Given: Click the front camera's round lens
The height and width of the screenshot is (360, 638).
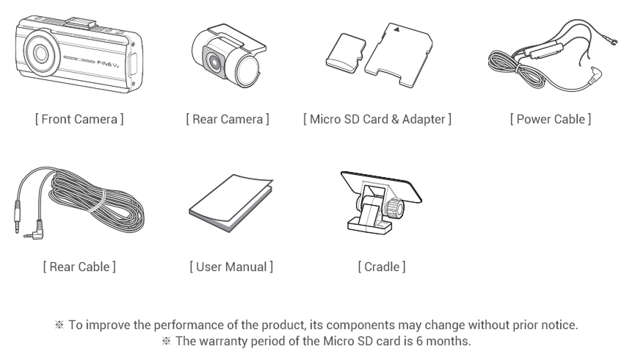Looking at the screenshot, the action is pyautogui.click(x=40, y=54).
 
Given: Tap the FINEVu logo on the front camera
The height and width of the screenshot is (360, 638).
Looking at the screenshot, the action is pyautogui.click(x=108, y=62).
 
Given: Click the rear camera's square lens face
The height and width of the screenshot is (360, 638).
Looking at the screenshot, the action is pyautogui.click(x=213, y=62).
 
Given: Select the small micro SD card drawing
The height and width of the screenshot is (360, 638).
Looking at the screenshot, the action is pyautogui.click(x=346, y=54).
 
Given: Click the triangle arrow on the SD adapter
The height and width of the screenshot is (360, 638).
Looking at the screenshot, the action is pyautogui.click(x=396, y=29).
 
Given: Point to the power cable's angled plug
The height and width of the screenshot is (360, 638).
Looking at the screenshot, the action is pyautogui.click(x=595, y=75).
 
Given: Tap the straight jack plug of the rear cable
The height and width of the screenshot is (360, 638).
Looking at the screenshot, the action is pyautogui.click(x=17, y=217).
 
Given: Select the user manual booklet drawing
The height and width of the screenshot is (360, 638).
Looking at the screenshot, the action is pyautogui.click(x=231, y=203).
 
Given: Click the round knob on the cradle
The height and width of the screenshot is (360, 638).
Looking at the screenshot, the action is pyautogui.click(x=396, y=208).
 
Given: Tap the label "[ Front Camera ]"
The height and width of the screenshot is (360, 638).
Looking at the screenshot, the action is pyautogui.click(x=79, y=119).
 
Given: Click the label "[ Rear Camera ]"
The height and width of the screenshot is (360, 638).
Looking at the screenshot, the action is pyautogui.click(x=228, y=119).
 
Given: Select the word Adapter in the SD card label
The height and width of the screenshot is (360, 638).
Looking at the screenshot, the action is pyautogui.click(x=424, y=119).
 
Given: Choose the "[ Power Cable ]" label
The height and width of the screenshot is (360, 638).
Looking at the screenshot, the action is pyautogui.click(x=551, y=119).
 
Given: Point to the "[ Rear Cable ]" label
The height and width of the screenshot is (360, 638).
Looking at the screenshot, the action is pyautogui.click(x=79, y=267).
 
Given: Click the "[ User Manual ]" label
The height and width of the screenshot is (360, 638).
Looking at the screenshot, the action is pyautogui.click(x=231, y=267).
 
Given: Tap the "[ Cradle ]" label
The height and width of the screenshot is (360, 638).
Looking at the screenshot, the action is pyautogui.click(x=382, y=267).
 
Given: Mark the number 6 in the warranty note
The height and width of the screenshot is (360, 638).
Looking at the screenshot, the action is pyautogui.click(x=419, y=340).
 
